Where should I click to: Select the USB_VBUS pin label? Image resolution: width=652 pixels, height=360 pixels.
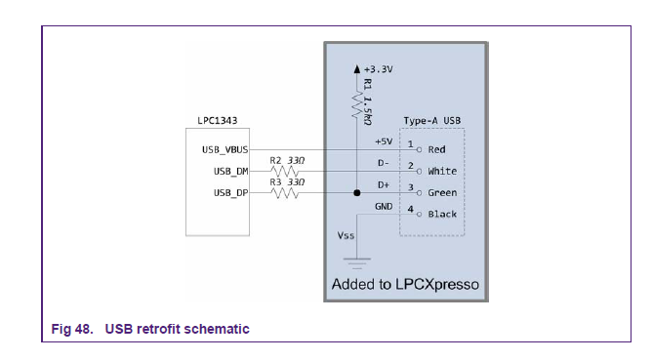(224, 149)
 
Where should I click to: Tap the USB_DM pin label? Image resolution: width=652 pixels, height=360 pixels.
(229, 172)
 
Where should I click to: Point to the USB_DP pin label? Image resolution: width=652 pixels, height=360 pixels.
(229, 193)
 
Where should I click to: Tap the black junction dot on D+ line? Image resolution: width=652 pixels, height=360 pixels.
(356, 193)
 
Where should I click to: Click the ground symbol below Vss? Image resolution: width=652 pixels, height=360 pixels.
(356, 260)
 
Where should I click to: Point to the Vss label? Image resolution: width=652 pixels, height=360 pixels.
(345, 236)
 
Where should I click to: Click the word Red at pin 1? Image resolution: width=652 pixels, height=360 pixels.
(436, 150)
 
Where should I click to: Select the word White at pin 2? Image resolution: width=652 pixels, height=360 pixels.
(442, 172)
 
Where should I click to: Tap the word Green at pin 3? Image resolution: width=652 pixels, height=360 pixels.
(442, 193)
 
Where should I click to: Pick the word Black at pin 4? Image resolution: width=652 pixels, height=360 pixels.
(442, 215)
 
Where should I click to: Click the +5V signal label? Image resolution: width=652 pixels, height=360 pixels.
(384, 141)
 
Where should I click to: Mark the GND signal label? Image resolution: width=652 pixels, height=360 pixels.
(384, 206)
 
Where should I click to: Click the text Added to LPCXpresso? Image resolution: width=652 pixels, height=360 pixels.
(402, 288)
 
